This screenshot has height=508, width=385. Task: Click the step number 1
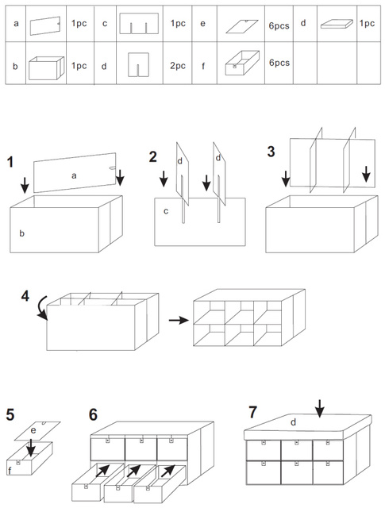click(10, 162)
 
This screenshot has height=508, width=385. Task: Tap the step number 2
click(152, 157)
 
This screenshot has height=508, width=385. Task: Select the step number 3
click(271, 152)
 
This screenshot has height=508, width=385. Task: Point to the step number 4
click(25, 296)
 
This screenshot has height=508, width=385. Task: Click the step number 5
click(10, 414)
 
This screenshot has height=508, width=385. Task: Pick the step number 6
click(93, 414)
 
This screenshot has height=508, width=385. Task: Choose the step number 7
click(252, 413)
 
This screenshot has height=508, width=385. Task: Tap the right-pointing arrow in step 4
click(179, 321)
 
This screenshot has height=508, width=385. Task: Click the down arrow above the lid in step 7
click(320, 409)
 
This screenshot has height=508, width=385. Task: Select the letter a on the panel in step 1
click(74, 176)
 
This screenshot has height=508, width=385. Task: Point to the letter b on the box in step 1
click(21, 233)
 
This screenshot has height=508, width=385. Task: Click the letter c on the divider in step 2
click(166, 212)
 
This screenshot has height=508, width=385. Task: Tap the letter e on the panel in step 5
click(33, 431)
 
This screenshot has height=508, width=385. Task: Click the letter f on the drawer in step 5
click(10, 470)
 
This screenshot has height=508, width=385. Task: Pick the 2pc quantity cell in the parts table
click(178, 66)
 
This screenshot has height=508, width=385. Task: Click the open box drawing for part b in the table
click(46, 67)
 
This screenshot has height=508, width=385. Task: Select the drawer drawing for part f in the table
click(242, 63)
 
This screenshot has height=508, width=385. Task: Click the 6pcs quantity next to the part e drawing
click(279, 25)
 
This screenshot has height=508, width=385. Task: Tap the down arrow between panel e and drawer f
click(31, 448)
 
